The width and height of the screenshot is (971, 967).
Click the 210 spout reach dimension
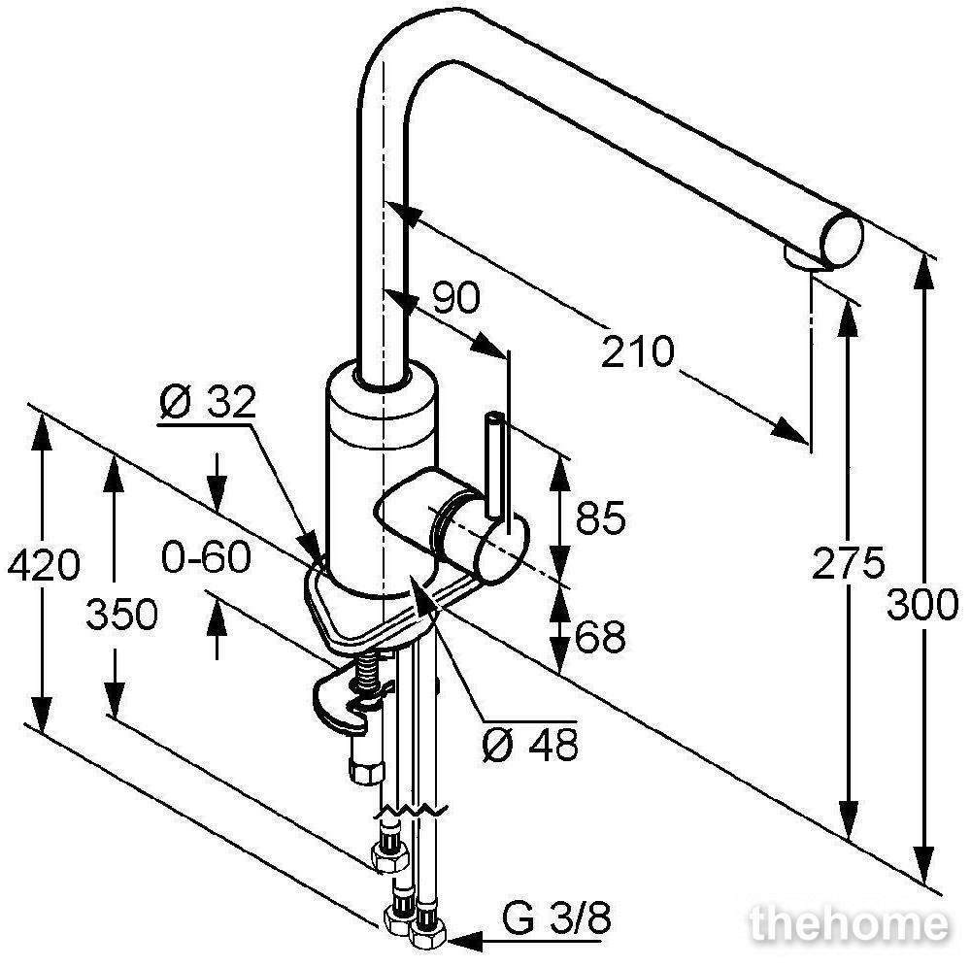coord(637,352)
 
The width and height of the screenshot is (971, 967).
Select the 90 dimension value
coord(455,297)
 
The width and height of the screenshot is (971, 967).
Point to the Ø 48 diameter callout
coord(531,745)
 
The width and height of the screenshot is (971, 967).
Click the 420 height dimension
coord(44,564)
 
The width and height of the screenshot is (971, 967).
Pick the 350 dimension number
coord(122,615)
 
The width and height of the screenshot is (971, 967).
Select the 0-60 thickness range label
coord(206,556)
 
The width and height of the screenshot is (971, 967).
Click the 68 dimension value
coord(600,636)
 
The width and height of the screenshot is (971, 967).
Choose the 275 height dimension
coord(849,563)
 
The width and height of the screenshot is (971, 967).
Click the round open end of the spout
coord(842,240)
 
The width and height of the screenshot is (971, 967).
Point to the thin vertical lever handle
coord(495,464)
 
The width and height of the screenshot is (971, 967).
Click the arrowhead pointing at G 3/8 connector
coord(464,941)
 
